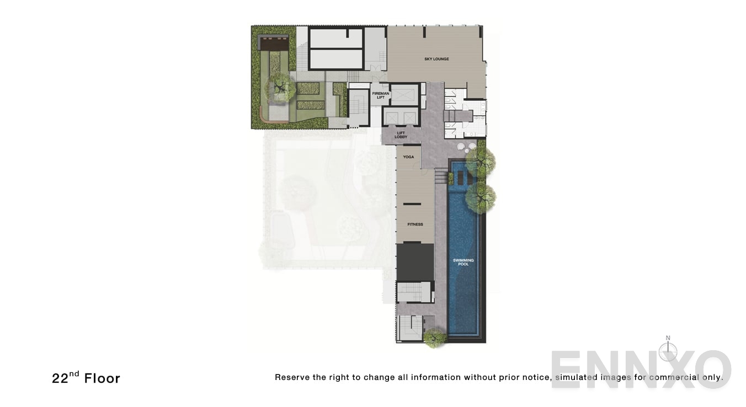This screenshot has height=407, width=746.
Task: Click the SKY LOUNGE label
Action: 436,59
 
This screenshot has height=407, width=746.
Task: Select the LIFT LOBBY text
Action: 401,135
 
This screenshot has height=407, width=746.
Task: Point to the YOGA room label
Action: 408,157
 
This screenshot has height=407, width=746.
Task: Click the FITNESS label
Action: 415,224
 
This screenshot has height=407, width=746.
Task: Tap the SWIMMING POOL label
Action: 463,262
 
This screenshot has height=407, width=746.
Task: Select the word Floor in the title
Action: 102,378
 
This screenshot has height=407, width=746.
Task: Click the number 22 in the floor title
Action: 60,378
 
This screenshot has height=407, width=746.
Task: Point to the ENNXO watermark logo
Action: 640,368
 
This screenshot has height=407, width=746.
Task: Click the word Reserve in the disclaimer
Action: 292,378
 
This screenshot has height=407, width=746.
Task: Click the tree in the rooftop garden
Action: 280,87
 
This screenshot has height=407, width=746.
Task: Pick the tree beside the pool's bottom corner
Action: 434,337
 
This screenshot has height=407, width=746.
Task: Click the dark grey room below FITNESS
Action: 415,262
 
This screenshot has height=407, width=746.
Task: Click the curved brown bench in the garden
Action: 264,115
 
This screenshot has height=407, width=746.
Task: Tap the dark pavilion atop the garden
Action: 274,42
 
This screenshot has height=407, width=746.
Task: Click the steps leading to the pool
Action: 441,176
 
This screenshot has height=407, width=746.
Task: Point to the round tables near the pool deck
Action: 466,147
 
